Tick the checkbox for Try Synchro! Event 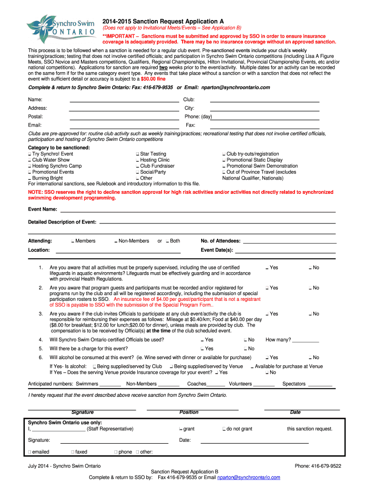click(30, 154)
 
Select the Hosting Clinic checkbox click(137, 160)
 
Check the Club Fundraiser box click(137, 166)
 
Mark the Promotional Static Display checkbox click(224, 160)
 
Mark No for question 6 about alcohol click(310, 358)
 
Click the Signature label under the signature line click(82, 413)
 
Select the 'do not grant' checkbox click(224, 429)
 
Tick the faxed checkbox click(72, 452)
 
